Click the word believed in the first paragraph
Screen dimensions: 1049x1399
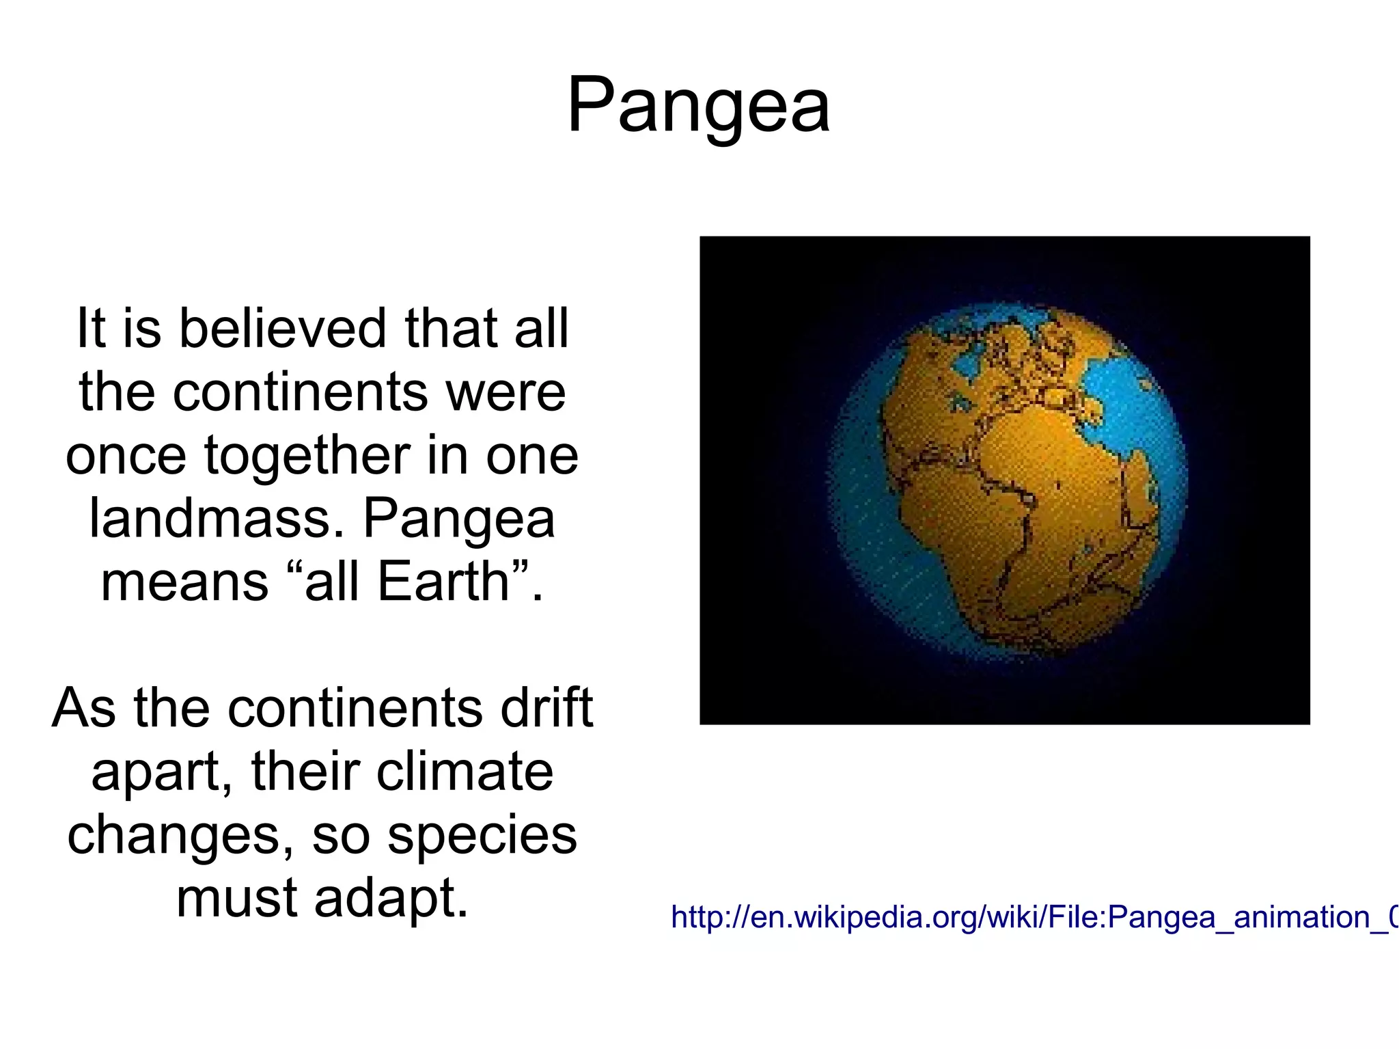click(x=283, y=329)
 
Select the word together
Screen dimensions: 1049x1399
click(x=307, y=457)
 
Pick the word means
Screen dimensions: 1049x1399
click(x=185, y=582)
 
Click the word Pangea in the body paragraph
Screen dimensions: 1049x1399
click(x=458, y=520)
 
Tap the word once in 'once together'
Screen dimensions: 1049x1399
click(x=126, y=457)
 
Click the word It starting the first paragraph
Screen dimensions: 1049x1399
click(x=92, y=329)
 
